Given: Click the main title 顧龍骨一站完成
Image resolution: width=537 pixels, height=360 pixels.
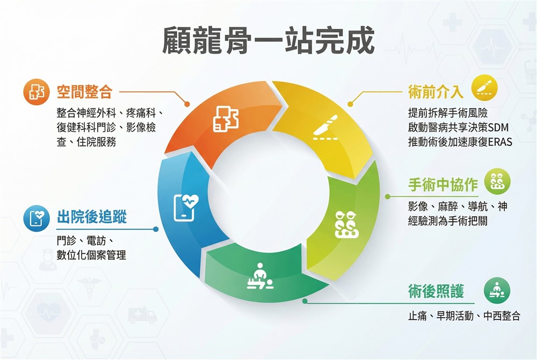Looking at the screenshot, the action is click(x=268, y=41).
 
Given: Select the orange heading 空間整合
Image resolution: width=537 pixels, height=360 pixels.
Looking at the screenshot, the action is click(x=85, y=91).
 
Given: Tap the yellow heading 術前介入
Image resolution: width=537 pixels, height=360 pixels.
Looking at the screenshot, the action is click(x=436, y=91).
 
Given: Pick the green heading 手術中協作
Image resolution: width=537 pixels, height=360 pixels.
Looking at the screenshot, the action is click(x=443, y=185).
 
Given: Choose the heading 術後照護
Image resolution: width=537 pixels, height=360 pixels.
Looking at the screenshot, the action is click(x=436, y=291).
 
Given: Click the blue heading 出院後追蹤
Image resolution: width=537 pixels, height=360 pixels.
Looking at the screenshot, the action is click(x=92, y=217).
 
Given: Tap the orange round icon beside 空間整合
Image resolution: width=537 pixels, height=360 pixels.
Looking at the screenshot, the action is click(x=37, y=92).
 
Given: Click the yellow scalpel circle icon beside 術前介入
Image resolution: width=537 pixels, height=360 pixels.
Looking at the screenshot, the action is click(x=484, y=88).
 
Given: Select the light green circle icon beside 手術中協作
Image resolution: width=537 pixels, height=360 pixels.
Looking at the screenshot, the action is click(x=497, y=182).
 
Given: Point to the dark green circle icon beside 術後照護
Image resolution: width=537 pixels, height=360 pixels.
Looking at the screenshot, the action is click(x=497, y=291).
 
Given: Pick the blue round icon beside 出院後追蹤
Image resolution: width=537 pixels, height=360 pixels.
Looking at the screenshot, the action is click(x=37, y=218).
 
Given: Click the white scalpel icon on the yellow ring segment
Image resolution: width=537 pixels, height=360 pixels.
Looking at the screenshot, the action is click(x=326, y=127).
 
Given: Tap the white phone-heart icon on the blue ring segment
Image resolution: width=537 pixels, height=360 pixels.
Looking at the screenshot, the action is click(x=186, y=208).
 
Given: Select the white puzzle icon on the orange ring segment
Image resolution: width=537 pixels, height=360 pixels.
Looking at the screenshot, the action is click(x=226, y=119).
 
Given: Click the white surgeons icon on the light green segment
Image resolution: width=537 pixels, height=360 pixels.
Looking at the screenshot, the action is click(x=346, y=224).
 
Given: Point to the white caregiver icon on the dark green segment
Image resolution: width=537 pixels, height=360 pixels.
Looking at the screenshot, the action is click(x=260, y=276).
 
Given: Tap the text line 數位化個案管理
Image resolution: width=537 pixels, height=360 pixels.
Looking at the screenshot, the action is click(x=91, y=255).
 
